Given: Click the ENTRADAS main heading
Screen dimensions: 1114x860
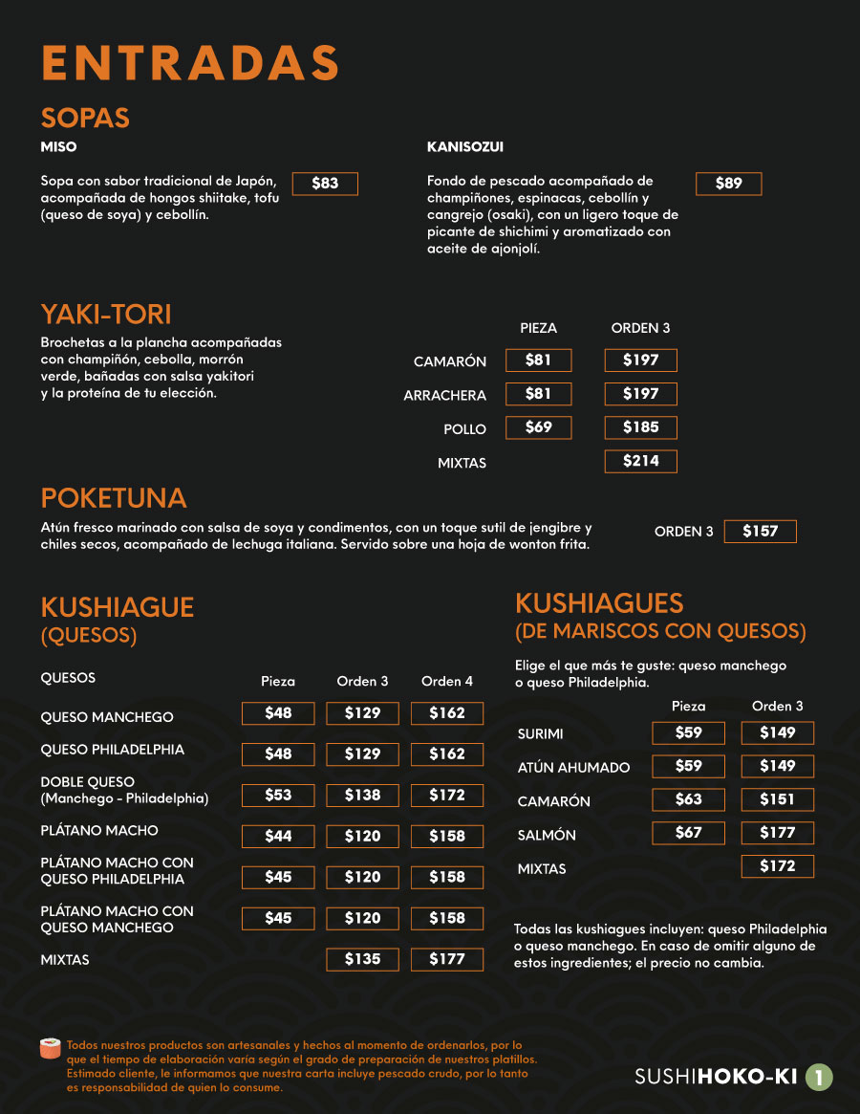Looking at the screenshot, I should pyautogui.click(x=190, y=63).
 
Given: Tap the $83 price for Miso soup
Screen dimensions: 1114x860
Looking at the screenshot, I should pyautogui.click(x=325, y=184).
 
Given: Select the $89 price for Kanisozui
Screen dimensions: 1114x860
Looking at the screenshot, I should pyautogui.click(x=728, y=184).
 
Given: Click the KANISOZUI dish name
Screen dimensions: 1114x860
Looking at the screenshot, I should pyautogui.click(x=465, y=147).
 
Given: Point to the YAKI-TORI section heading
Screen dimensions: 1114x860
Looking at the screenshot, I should pyautogui.click(x=106, y=314).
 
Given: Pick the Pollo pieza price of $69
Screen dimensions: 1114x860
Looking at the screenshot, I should pyautogui.click(x=538, y=427).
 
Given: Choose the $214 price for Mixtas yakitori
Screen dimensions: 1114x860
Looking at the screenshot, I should pyautogui.click(x=640, y=461).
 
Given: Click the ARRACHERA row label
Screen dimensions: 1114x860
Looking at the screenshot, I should pyautogui.click(x=445, y=396).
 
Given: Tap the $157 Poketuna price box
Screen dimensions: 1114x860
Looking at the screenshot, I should pyautogui.click(x=760, y=532).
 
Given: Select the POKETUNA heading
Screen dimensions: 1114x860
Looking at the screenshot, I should pyautogui.click(x=114, y=498).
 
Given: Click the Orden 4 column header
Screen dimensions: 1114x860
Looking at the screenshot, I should pyautogui.click(x=446, y=682).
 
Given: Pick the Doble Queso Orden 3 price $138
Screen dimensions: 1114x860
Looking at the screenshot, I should pyautogui.click(x=362, y=795).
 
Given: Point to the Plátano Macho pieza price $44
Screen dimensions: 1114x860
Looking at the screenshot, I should pyautogui.click(x=278, y=836).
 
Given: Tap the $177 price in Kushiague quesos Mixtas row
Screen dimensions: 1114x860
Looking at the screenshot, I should pyautogui.click(x=446, y=959).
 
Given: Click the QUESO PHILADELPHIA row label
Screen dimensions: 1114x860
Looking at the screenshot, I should pyautogui.click(x=113, y=750).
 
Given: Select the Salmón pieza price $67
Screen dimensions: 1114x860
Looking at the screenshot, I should pyautogui.click(x=688, y=833).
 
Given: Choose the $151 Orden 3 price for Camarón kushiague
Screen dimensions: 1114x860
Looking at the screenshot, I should pyautogui.click(x=777, y=799).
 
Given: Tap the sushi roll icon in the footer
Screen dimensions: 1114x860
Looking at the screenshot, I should pyautogui.click(x=51, y=1049).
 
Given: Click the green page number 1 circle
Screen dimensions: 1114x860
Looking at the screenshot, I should pyautogui.click(x=818, y=1078).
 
